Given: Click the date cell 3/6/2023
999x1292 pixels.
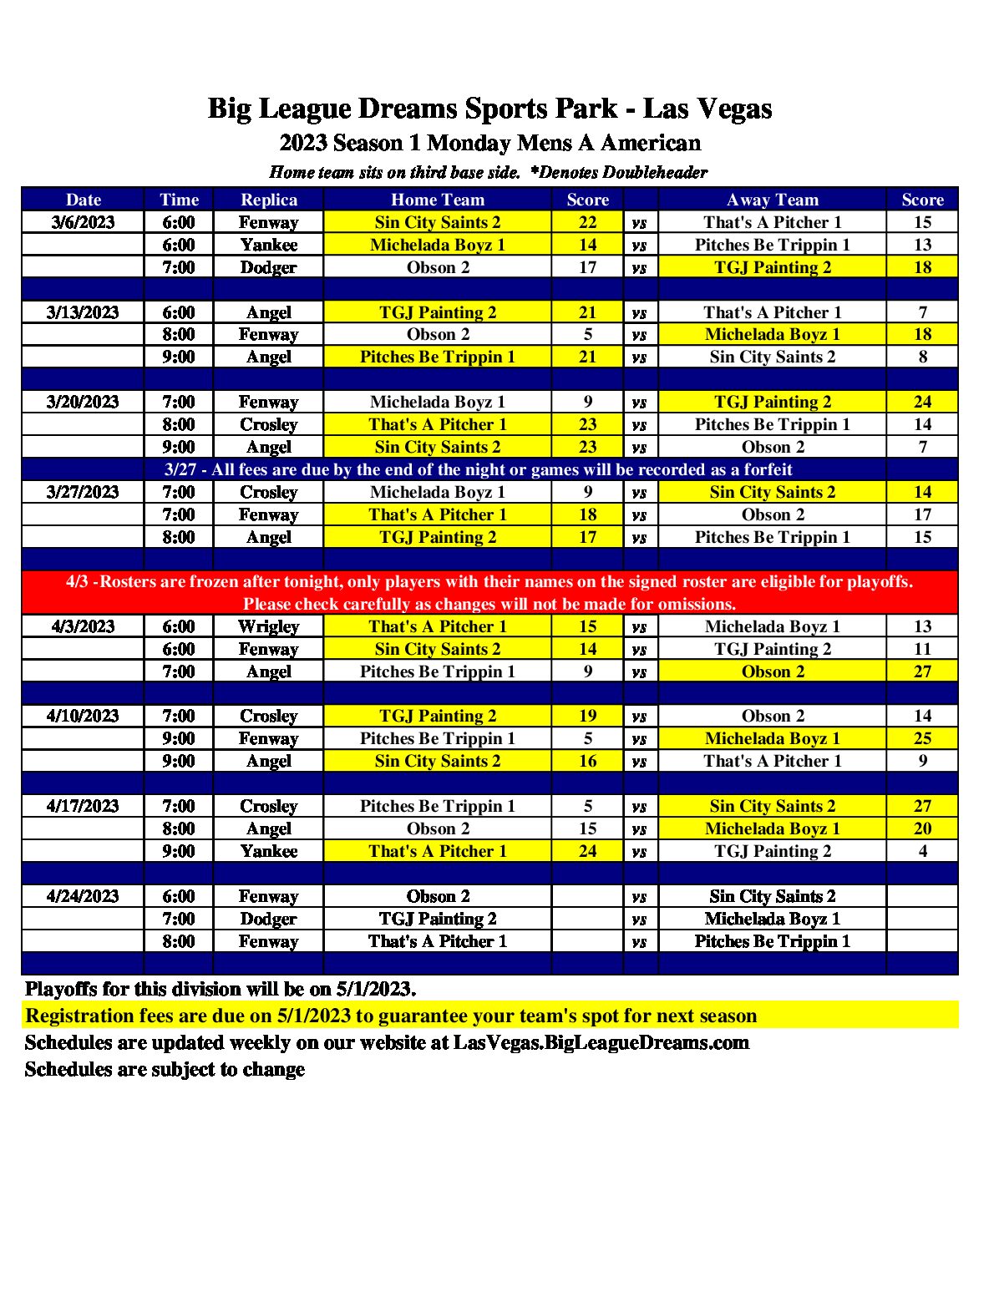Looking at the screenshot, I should click(83, 222).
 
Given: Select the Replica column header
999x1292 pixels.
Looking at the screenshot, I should click(268, 200).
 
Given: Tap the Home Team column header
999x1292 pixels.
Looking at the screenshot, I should click(437, 200).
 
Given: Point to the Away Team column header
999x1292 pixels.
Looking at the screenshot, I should click(772, 200).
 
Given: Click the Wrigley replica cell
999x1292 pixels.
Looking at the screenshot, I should click(268, 626).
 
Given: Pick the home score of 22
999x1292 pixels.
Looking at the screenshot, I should click(587, 222).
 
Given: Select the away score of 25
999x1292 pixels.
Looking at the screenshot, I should click(922, 738).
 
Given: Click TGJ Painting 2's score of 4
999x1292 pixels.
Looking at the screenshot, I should click(922, 851).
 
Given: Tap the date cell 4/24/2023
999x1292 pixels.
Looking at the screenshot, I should click(83, 896).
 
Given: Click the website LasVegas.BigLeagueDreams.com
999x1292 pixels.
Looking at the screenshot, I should click(601, 1042).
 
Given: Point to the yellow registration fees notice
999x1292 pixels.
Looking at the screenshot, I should click(391, 1016).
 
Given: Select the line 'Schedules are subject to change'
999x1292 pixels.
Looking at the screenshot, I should click(165, 1069).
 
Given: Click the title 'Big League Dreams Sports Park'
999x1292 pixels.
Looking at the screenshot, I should click(413, 109).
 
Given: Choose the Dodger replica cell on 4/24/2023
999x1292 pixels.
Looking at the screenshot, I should click(268, 919).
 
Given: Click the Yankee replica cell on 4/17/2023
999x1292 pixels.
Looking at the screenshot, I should click(268, 851).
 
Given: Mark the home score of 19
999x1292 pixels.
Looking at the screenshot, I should click(587, 716).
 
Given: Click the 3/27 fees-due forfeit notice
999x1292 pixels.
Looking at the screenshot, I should click(478, 469).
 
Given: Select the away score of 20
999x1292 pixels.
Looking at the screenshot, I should click(922, 828).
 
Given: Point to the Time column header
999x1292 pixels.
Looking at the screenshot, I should click(179, 200).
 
